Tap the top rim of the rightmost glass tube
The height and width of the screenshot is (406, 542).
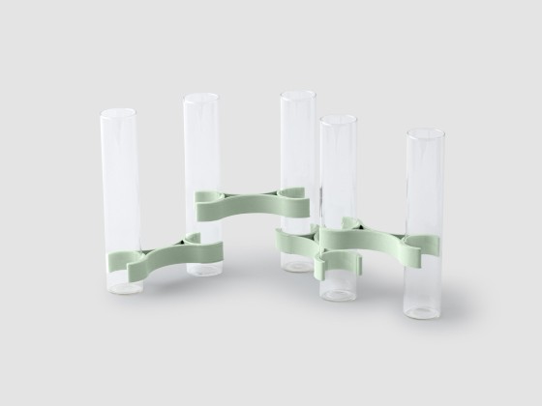(425, 131)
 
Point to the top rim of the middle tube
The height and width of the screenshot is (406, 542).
(297, 96)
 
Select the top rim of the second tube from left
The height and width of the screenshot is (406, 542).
(201, 98)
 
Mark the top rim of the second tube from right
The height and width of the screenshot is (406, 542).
(339, 119)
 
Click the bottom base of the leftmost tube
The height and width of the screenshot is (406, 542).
(121, 288)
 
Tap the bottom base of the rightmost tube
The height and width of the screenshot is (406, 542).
(425, 311)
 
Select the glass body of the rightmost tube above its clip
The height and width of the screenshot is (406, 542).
(425, 184)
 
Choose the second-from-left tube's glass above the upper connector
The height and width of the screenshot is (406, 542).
(201, 145)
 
